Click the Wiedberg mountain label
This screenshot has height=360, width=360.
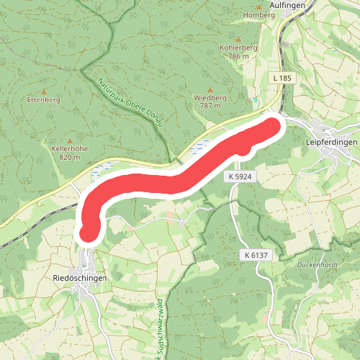210,97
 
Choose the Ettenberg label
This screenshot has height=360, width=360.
43,100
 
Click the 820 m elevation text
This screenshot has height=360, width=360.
69,157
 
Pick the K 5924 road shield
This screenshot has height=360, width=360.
242,176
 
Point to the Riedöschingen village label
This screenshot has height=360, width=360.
80,278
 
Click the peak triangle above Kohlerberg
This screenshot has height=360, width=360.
233,38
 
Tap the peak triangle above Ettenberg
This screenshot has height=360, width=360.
43,91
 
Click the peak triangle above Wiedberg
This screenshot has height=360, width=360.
210,89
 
